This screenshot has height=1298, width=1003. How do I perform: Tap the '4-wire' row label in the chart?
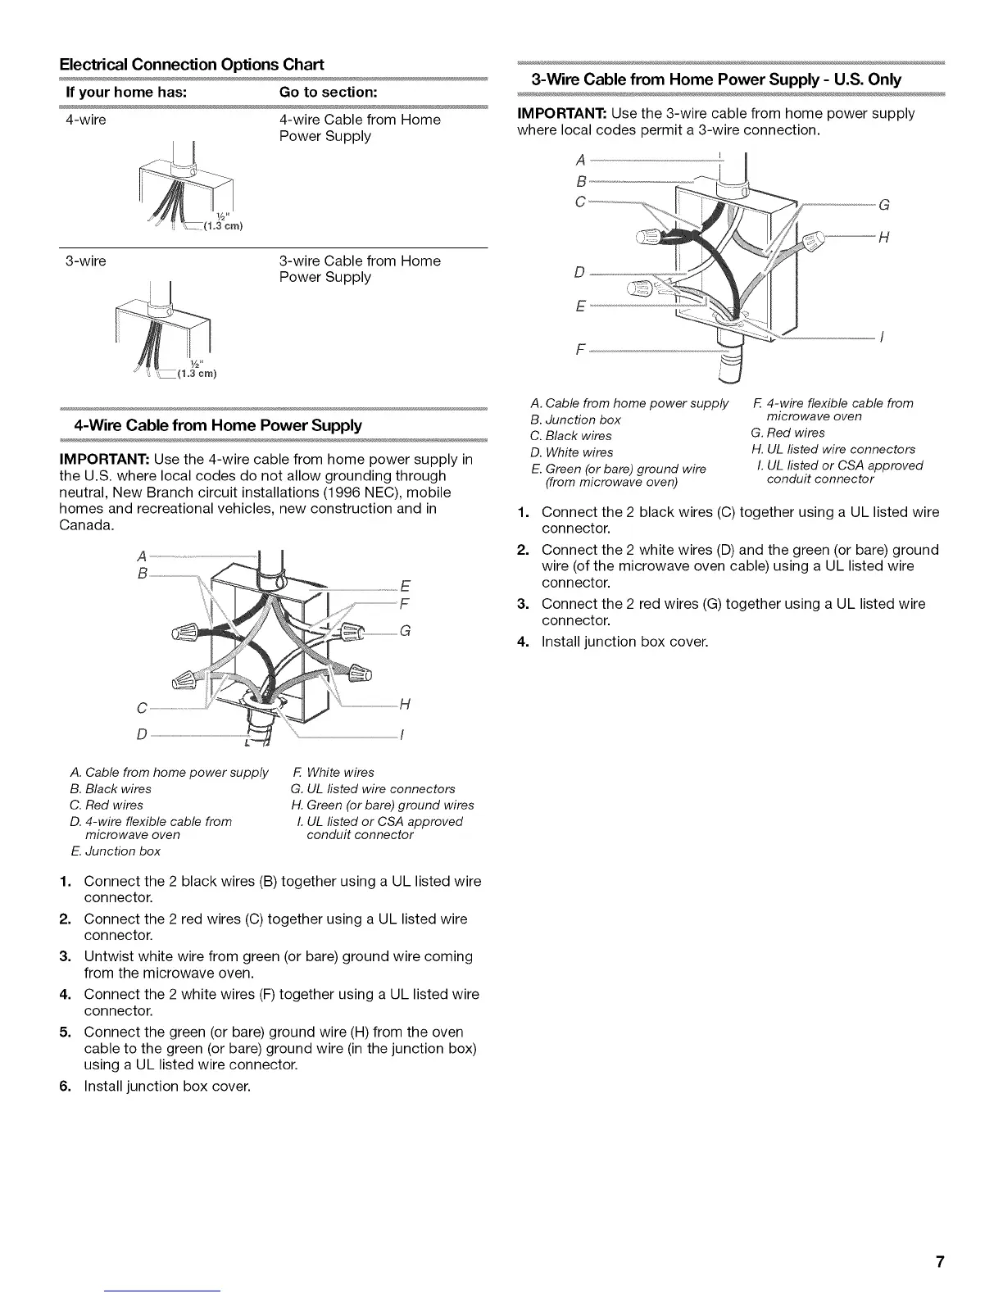pos(85,120)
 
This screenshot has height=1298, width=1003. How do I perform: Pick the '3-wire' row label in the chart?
pos(85,261)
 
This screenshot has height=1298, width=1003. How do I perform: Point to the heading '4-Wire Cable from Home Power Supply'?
pos(217,425)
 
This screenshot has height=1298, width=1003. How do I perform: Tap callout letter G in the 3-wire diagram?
pos(883,205)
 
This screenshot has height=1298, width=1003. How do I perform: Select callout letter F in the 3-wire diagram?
pos(580,351)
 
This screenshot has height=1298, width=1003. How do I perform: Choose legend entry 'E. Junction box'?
pos(116,851)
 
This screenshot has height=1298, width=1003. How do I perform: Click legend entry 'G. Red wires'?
pos(787,433)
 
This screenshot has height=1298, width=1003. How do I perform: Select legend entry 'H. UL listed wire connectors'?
pos(833,449)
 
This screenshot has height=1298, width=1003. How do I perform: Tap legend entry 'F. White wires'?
pos(333,773)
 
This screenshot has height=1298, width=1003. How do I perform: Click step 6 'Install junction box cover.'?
pos(166,1087)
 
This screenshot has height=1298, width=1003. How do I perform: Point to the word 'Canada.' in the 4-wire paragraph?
pos(86,524)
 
